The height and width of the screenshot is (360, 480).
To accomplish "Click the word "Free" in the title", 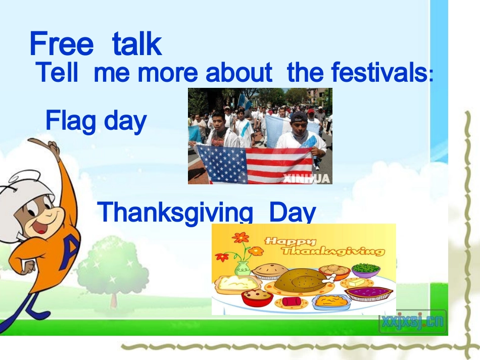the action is (61, 43).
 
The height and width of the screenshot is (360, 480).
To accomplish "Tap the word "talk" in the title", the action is (137, 43).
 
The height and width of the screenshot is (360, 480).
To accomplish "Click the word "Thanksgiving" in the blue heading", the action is (175, 213).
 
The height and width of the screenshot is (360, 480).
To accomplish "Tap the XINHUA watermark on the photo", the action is (306, 178).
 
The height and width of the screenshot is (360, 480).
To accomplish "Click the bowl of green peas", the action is (366, 270).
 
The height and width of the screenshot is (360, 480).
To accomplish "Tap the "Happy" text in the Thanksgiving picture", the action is (290, 241).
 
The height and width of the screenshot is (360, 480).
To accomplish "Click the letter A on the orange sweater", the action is (70, 253).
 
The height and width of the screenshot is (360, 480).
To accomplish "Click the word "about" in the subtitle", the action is (239, 72).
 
